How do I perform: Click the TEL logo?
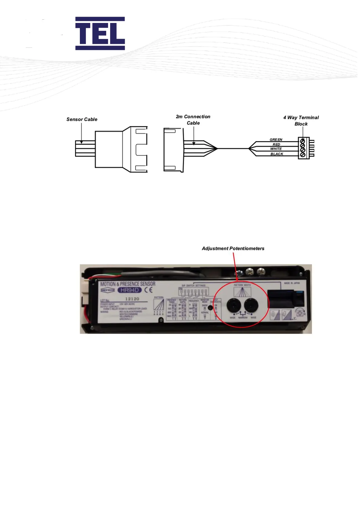coord(100,33)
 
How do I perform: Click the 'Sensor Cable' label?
coord(82,119)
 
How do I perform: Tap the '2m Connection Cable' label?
coord(193,120)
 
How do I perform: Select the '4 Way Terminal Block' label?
coord(301,121)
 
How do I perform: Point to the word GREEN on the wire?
coord(276,140)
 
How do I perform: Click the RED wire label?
coord(276,144)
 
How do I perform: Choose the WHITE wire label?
coord(276,149)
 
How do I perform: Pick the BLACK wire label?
coord(277,154)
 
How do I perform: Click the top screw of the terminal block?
coord(302,141)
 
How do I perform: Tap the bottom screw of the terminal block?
coord(302,155)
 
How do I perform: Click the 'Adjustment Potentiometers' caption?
coord(233,248)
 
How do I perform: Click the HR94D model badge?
coord(129,290)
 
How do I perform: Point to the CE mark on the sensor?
coord(148,290)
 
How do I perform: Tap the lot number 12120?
coord(132,299)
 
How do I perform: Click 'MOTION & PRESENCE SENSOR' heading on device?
coord(128,284)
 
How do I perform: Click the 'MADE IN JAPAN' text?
coord(292,283)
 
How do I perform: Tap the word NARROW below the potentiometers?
coord(243,318)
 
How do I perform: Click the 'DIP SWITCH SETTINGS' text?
coord(193,285)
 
